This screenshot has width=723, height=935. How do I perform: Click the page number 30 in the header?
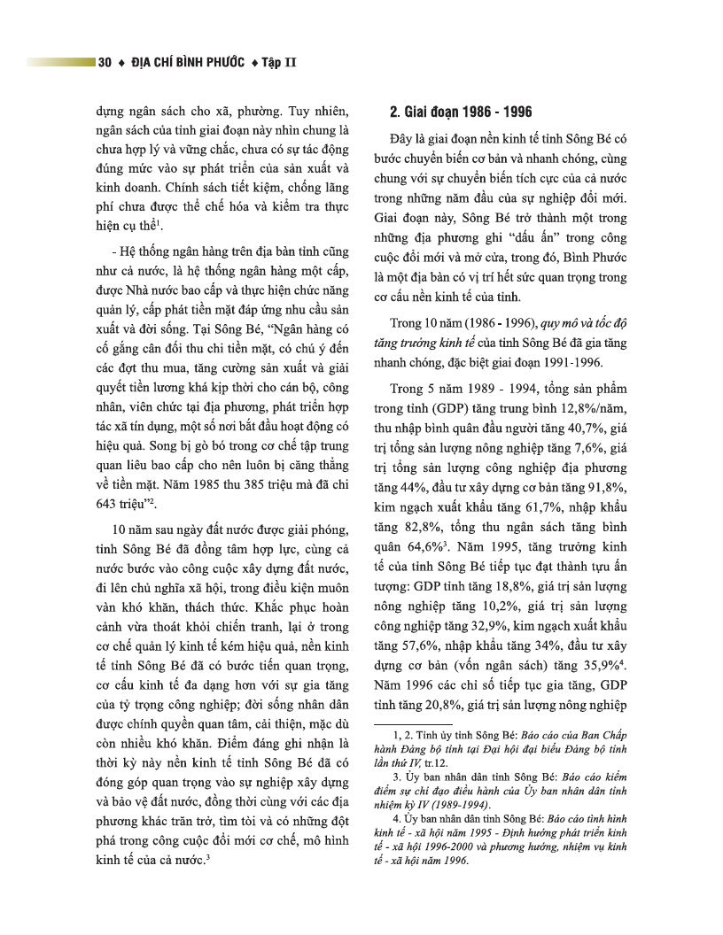[x=105, y=63]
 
